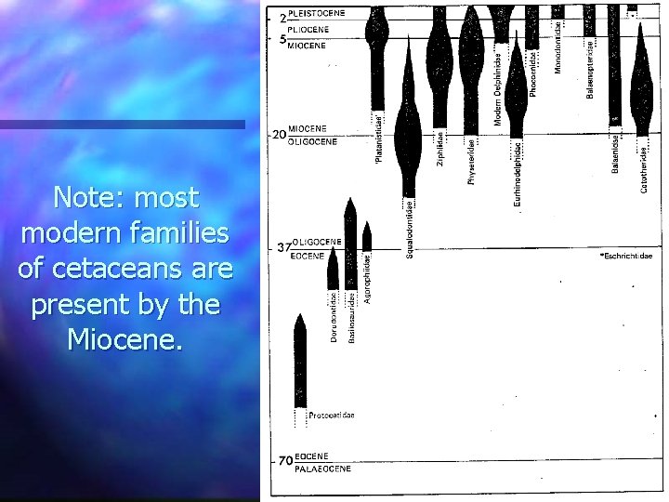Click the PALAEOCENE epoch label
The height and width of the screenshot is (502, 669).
(x=322, y=469)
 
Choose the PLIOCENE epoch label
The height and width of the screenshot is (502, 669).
(x=308, y=29)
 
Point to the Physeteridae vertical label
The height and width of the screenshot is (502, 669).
(x=471, y=160)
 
